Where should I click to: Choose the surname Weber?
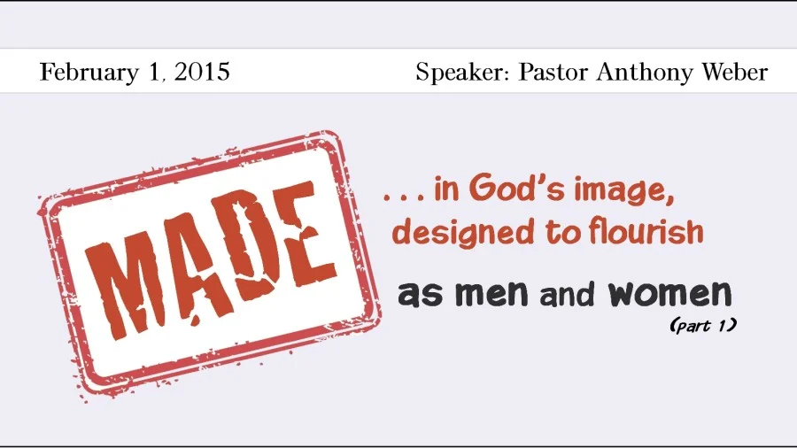(736, 72)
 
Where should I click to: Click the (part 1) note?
(702, 326)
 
